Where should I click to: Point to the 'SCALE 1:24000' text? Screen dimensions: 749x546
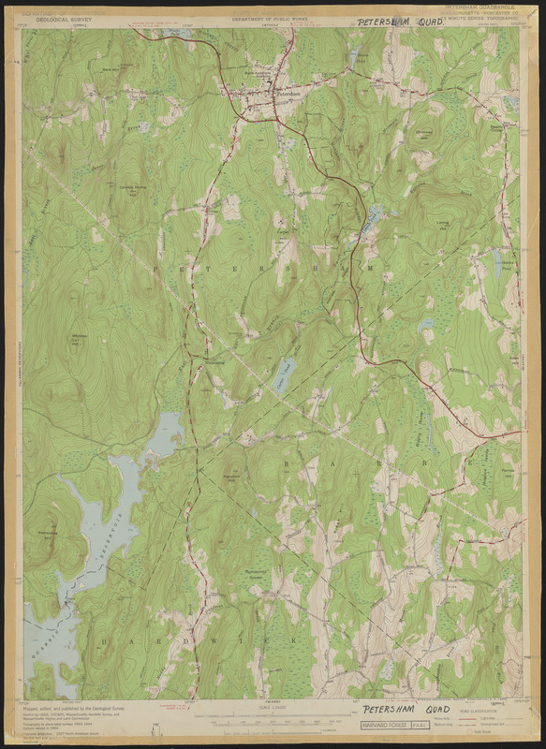click(272, 707)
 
